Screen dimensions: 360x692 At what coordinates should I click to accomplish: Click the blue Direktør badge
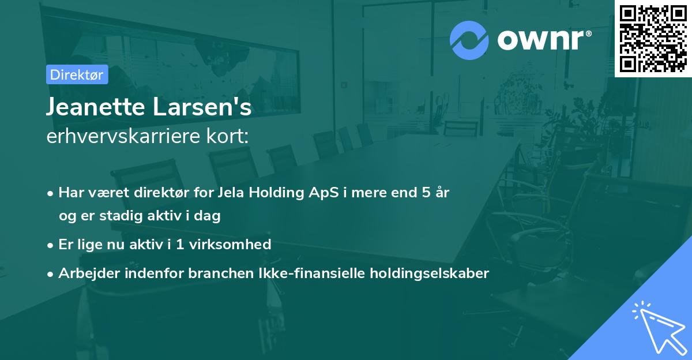coord(77,74)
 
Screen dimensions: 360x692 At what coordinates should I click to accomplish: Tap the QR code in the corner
coord(653,38)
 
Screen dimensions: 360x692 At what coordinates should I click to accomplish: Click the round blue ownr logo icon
coord(469,40)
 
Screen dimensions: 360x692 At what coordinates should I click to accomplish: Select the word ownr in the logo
coord(543,40)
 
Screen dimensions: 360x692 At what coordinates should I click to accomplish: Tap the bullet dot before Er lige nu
coord(51,245)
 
